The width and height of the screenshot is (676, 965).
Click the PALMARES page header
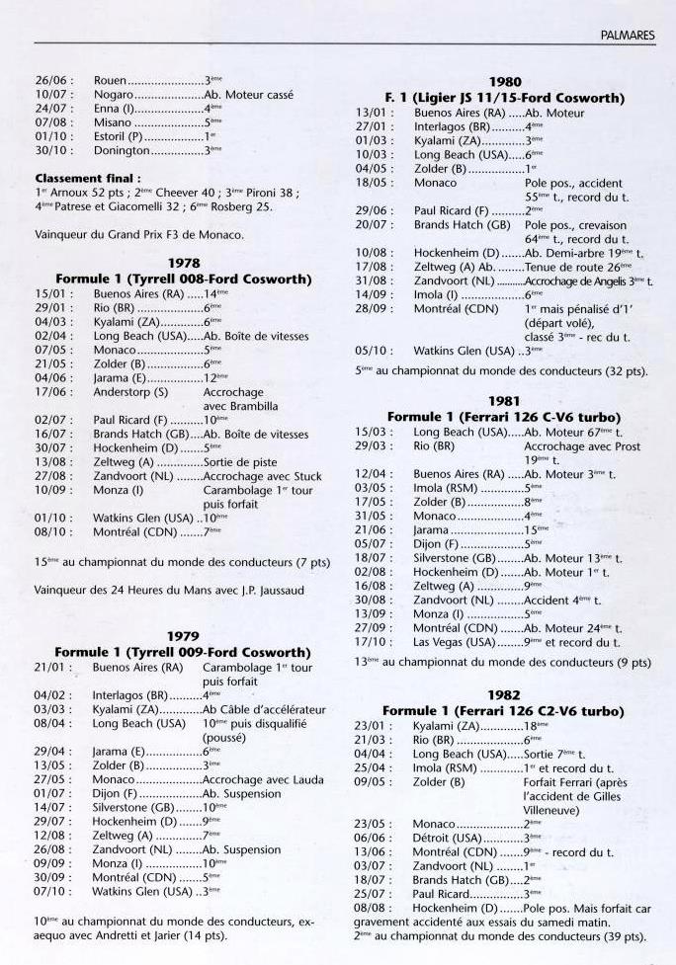(x=628, y=35)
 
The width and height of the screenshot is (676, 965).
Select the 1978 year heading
(x=183, y=265)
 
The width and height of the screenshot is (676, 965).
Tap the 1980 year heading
(x=505, y=83)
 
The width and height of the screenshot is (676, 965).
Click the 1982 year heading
(x=505, y=696)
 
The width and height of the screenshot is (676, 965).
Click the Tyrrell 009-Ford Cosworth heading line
(x=183, y=652)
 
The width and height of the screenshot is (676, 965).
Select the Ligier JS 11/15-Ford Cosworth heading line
(x=505, y=98)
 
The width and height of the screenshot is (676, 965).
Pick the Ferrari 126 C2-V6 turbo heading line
(x=505, y=711)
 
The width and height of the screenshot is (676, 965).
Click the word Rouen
(x=111, y=79)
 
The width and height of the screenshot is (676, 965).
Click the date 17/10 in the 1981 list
(x=371, y=641)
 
